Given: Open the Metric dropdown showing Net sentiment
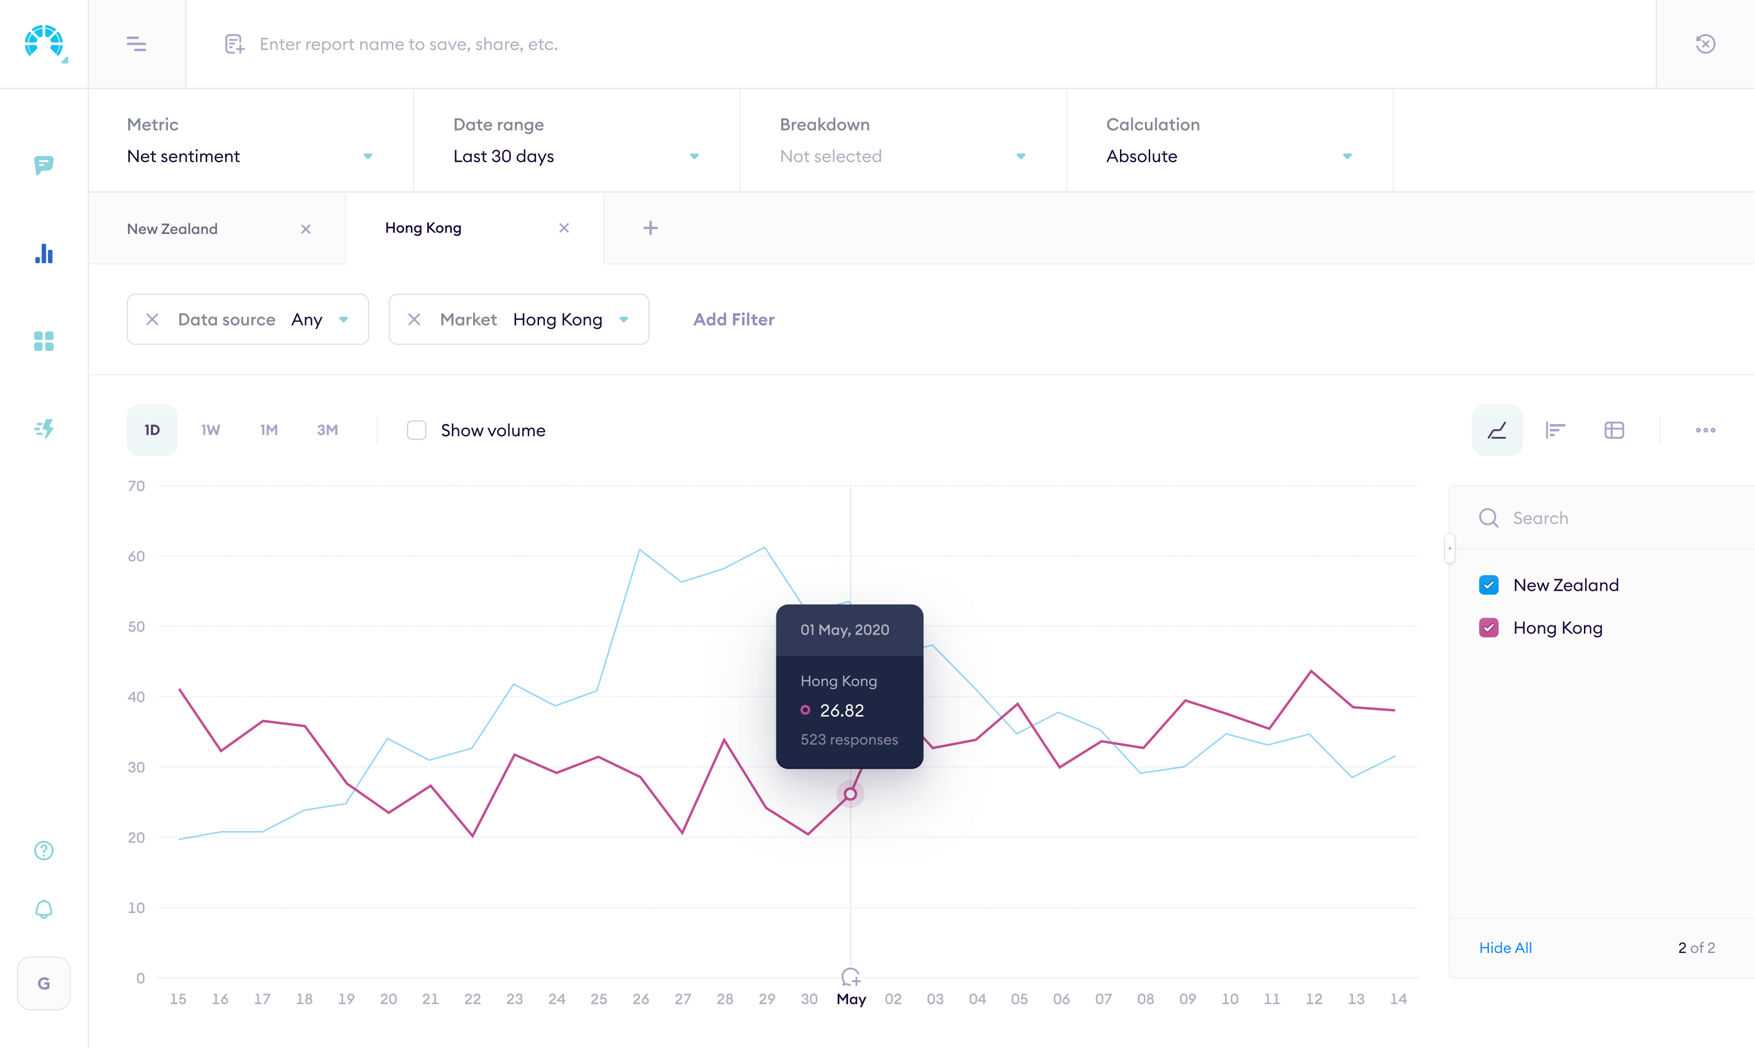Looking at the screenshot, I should tap(249, 156).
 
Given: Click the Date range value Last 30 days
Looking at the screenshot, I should tap(503, 156).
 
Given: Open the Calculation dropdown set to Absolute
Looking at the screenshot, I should tap(1228, 156).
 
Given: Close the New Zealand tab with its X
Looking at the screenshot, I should tap(306, 229).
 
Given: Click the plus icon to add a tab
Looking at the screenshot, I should tap(650, 228).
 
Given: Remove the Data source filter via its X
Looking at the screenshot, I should tap(152, 319).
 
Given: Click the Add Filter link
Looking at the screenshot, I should tap(733, 319).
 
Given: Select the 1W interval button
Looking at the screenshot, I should tap(211, 430).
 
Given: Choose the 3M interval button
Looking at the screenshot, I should tap(327, 430).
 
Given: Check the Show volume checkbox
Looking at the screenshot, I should tap(417, 430).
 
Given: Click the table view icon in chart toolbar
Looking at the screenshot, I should tap(1614, 430).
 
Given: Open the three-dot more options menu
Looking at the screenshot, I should tap(1705, 430).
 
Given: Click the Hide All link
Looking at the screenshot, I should tap(1505, 948).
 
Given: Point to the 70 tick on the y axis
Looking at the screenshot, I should tap(136, 486).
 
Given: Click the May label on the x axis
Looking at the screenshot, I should tap(850, 999).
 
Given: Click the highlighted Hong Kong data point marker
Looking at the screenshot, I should tap(850, 794).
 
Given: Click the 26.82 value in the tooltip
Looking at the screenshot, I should tap(842, 710).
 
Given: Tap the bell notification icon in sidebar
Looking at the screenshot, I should tap(44, 909).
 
